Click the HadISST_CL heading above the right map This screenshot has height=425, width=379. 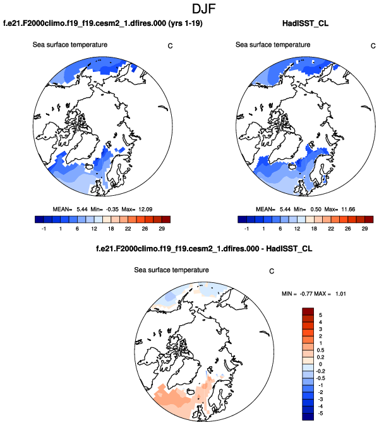[306, 25]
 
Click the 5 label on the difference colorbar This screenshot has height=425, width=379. [321, 314]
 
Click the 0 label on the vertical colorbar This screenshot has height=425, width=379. [321, 364]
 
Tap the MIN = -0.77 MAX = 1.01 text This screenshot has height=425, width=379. [313, 294]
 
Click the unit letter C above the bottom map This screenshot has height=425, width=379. [271, 272]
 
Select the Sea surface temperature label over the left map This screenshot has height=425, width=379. [69, 45]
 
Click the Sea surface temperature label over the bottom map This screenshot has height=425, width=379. [171, 270]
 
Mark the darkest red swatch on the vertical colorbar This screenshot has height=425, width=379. [308, 310]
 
